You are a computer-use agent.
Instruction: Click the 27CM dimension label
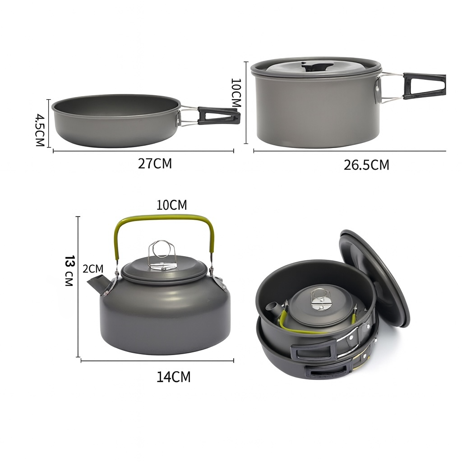155,163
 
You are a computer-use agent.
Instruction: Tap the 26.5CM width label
366,165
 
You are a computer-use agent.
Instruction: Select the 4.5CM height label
40,130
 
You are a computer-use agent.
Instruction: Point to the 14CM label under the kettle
173,377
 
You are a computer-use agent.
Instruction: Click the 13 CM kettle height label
69,271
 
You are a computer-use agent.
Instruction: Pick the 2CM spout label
93,269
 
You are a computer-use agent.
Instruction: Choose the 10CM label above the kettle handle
171,205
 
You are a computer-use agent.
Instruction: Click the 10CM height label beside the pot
236,92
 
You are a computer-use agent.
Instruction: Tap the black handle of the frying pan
219,116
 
